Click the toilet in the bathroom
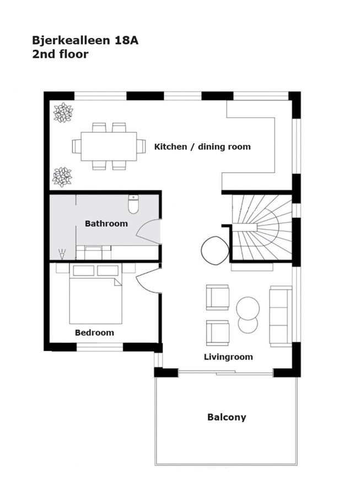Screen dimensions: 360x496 pos(133,204)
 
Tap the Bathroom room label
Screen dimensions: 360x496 pos(106,224)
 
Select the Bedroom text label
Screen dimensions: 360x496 pos(94,332)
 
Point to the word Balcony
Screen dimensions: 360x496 pos(227,417)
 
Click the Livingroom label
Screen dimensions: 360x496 pos(228,357)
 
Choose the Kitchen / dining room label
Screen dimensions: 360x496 pos(202,147)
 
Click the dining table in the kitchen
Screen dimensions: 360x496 pos(109,147)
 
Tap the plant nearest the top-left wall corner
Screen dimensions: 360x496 pos(63,112)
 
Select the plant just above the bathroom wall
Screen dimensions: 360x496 pos(62,177)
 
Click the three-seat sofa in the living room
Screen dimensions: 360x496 pos(281,316)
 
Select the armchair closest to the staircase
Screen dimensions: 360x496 pos(218,298)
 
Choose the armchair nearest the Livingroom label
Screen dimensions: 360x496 pos(218,333)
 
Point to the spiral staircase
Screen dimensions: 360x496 pos(262,228)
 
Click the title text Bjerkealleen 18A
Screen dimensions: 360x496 pos(85,40)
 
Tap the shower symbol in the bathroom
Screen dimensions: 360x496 pos(62,254)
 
